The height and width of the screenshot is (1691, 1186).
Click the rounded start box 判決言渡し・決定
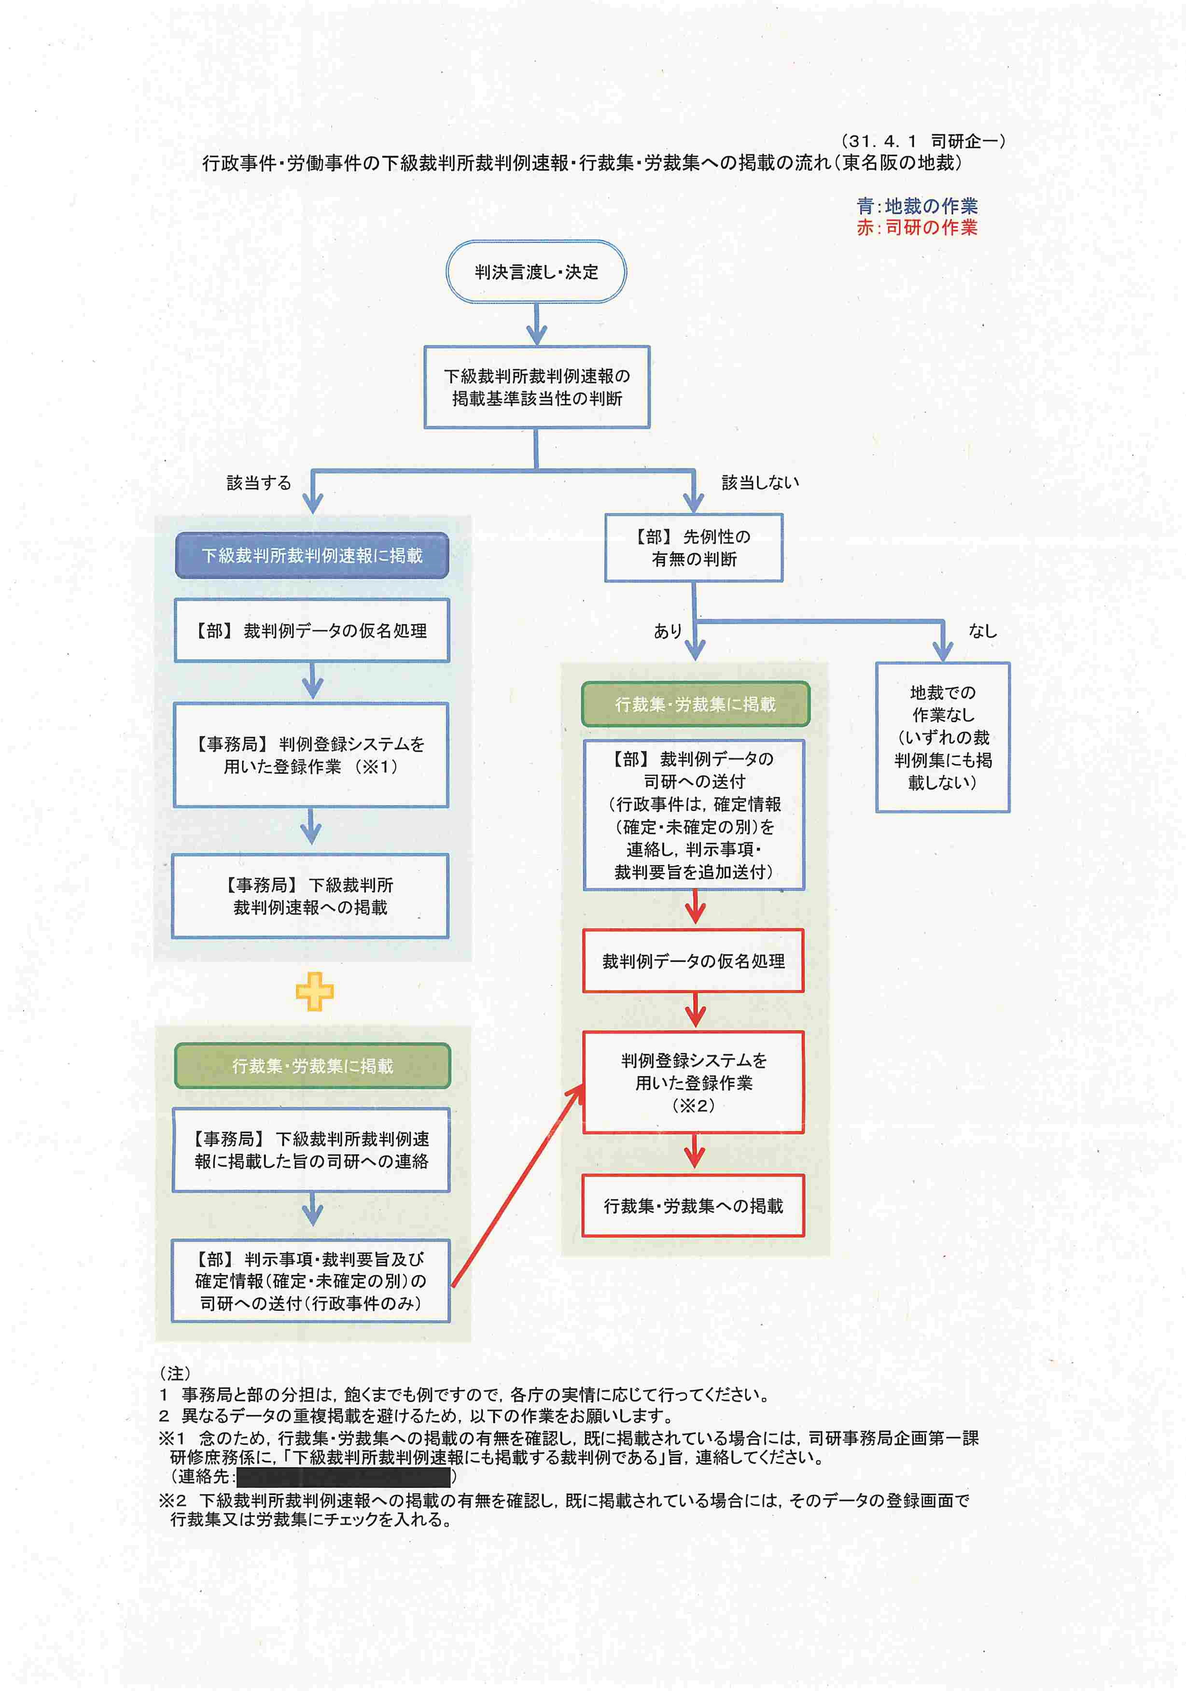coord(536,272)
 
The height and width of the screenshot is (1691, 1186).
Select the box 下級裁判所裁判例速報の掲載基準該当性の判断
coord(537,387)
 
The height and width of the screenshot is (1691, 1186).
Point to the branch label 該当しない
coord(760,482)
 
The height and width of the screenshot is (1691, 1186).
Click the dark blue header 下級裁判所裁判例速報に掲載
coord(312,555)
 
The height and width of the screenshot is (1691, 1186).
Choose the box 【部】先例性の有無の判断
coord(694,548)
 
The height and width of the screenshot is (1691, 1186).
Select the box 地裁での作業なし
coord(942,737)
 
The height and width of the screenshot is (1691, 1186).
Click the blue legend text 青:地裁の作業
coord(917,206)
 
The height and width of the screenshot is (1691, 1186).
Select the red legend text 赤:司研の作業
coord(917,227)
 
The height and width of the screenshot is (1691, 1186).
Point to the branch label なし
coord(982,631)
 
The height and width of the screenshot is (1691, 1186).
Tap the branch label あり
coord(668,631)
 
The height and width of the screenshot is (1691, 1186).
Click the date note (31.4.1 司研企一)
coord(922,141)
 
